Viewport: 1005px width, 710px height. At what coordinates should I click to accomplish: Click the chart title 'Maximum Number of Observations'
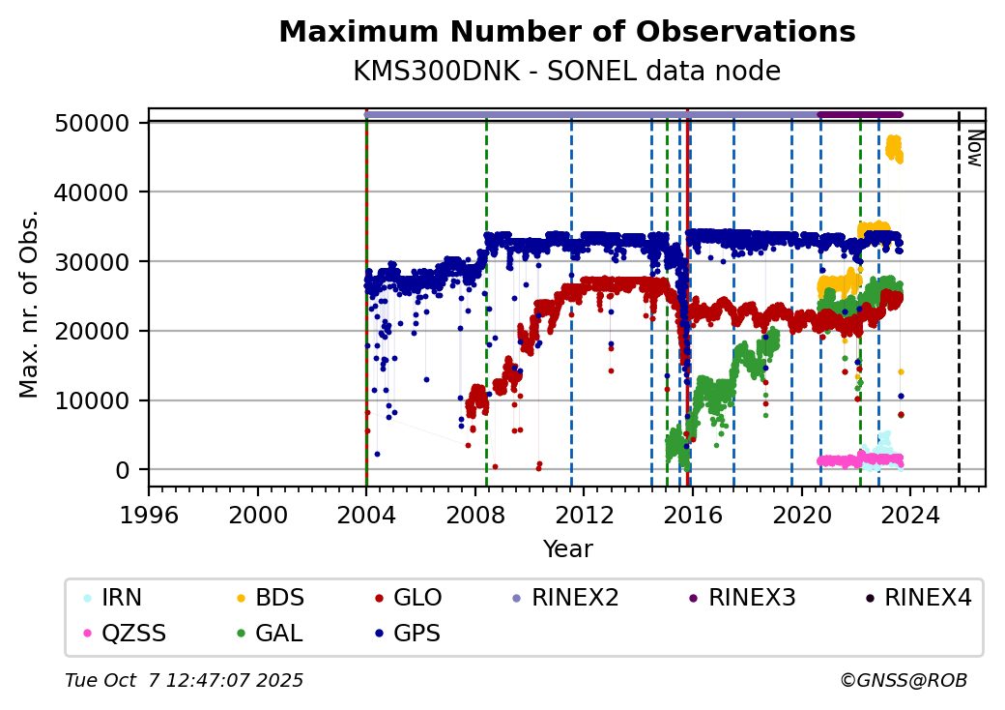[x=566, y=32]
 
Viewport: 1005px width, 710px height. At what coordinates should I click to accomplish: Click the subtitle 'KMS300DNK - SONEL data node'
[x=566, y=72]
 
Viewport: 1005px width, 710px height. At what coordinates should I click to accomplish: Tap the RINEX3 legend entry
[x=752, y=598]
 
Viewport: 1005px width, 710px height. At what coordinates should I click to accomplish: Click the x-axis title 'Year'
[x=567, y=549]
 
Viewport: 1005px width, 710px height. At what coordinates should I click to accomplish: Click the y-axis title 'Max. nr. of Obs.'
[x=29, y=304]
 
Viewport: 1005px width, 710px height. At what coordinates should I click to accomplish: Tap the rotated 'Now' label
[x=975, y=148]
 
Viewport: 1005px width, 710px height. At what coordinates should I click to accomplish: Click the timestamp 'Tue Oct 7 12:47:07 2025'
[x=185, y=681]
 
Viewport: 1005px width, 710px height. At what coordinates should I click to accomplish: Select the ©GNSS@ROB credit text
[x=903, y=681]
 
